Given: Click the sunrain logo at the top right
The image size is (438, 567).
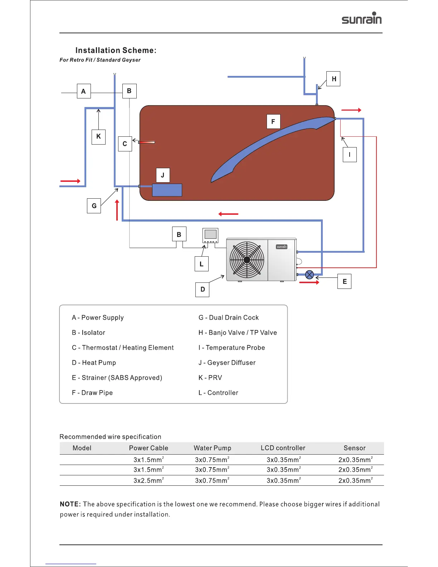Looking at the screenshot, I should tap(361, 18).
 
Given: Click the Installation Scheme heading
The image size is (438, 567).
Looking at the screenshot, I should tap(116, 50).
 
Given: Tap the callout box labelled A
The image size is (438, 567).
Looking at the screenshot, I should tap(84, 91).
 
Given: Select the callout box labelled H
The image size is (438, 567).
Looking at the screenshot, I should tap(334, 79).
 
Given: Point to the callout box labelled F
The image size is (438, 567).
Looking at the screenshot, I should tap(273, 122).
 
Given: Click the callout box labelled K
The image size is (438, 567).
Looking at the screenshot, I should tap(98, 137).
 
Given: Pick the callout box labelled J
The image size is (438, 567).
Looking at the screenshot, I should tap(163, 175).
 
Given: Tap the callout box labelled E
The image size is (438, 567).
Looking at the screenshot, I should tap(345, 281).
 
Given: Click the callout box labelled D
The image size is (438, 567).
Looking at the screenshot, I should tap(203, 289).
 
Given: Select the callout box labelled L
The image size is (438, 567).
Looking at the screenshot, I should tap(201, 264).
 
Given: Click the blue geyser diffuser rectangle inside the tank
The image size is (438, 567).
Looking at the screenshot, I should tap(167, 190).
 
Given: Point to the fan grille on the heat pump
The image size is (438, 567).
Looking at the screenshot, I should tap(247, 260).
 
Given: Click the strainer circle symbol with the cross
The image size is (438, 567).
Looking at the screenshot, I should tap(310, 275).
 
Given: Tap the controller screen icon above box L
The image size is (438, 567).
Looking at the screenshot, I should tap(210, 235).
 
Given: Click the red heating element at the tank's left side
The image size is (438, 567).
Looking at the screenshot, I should tap(147, 142).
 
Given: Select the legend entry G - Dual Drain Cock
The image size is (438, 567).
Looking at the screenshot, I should tap(228, 318).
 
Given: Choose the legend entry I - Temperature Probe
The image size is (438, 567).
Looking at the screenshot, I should tap(232, 348).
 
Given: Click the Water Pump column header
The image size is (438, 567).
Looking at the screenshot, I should tap(212, 448).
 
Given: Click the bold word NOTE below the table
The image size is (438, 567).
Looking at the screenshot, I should tap(70, 504).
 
